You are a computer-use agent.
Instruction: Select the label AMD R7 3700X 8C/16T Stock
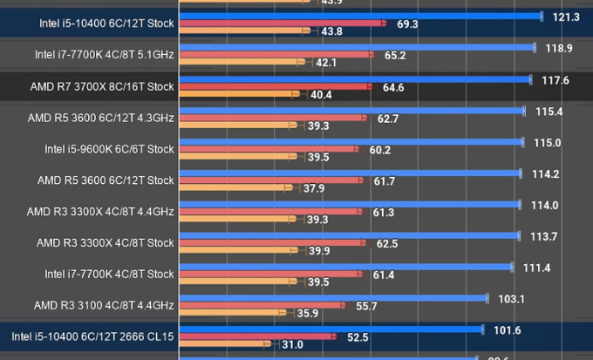102,86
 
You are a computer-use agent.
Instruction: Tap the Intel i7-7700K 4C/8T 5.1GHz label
105,55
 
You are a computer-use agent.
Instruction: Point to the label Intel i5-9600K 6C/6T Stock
109,149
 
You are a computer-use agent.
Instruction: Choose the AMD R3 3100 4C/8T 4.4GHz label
104,305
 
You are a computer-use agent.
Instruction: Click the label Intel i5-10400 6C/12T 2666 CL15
93,336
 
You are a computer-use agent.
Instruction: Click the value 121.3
566,17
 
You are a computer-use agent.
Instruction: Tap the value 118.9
558,48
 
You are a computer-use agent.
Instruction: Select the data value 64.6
393,88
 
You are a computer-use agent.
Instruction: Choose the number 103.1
510,299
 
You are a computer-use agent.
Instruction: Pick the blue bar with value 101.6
331,329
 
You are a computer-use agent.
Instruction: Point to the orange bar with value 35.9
230,313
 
